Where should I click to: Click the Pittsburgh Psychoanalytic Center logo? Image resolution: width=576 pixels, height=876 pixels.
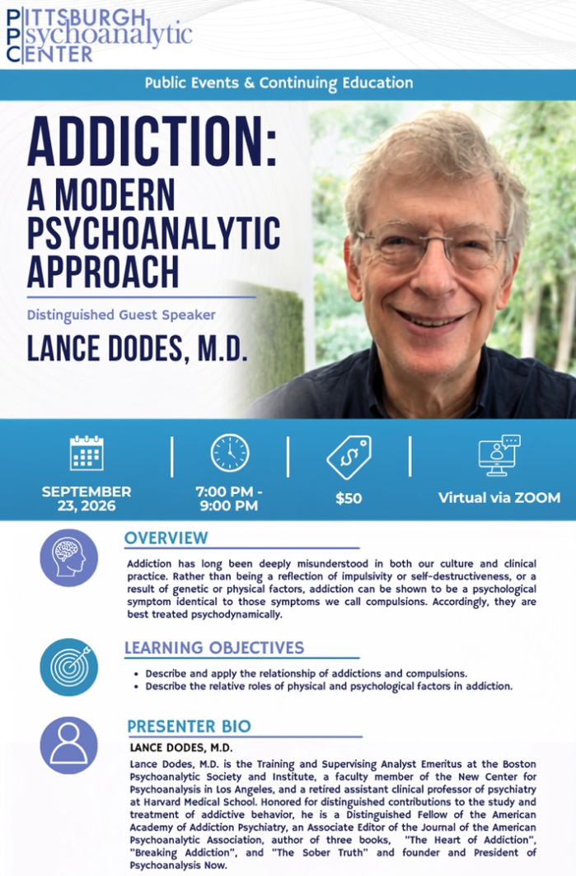pyautogui.click(x=99, y=35)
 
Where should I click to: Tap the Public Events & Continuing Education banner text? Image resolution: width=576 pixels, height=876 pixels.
pyautogui.click(x=279, y=82)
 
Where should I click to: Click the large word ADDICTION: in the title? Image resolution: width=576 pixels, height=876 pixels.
pyautogui.click(x=152, y=140)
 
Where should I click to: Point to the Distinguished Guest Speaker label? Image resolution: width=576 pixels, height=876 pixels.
pyautogui.click(x=121, y=315)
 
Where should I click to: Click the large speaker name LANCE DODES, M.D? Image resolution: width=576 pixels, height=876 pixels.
pyautogui.click(x=137, y=347)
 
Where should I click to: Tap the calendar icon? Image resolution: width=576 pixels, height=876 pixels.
pyautogui.click(x=87, y=453)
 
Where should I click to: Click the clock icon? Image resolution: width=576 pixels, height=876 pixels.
pyautogui.click(x=230, y=453)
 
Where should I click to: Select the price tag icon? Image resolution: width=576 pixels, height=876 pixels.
pyautogui.click(x=349, y=457)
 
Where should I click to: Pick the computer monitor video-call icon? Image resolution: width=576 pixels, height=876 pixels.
pyautogui.click(x=499, y=455)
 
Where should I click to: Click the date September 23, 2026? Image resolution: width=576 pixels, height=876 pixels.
pyautogui.click(x=87, y=498)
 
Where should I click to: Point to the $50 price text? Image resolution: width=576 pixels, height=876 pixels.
pyautogui.click(x=349, y=498)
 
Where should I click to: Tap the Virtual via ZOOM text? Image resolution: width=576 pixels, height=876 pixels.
pyautogui.click(x=499, y=498)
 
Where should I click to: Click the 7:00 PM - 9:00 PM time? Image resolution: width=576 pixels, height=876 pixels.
pyautogui.click(x=229, y=498)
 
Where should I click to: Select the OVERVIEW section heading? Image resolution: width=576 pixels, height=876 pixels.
pyautogui.click(x=166, y=538)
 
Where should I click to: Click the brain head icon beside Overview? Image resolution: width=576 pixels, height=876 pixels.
pyautogui.click(x=68, y=557)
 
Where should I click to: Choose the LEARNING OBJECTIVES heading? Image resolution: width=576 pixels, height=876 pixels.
pyautogui.click(x=214, y=647)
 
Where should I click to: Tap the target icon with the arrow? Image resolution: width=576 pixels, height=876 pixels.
pyautogui.click(x=68, y=667)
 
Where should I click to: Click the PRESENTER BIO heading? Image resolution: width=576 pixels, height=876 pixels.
pyautogui.click(x=189, y=726)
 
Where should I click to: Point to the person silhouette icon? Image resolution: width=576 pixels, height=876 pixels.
pyautogui.click(x=68, y=745)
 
